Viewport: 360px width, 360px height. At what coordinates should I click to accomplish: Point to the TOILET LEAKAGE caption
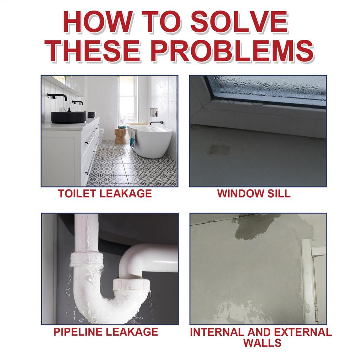105,193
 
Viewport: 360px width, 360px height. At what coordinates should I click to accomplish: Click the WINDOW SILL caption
254,193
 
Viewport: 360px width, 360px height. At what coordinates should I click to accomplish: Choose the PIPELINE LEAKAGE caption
105,331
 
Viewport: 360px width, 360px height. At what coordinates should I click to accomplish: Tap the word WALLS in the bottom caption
262,343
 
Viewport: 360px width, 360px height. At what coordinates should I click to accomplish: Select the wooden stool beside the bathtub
120,136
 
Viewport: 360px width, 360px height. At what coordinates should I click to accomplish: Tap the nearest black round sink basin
69,117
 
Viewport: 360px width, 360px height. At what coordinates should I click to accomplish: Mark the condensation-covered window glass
267,88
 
